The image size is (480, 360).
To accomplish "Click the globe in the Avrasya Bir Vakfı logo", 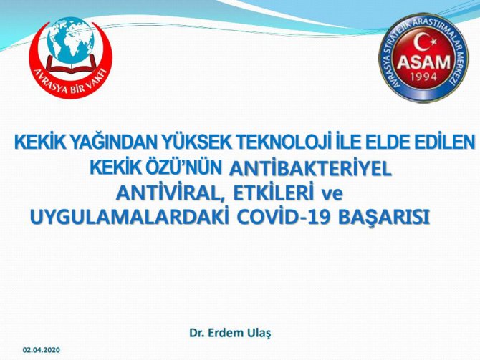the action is tap(71, 41).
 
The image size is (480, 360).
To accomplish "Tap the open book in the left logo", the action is tap(71, 65).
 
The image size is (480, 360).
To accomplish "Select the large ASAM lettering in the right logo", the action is tap(423, 62).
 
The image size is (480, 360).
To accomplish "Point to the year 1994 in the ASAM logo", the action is tap(423, 77).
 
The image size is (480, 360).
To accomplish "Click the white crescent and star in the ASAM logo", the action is tap(424, 43).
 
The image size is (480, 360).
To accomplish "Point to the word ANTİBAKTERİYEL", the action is tap(310, 169).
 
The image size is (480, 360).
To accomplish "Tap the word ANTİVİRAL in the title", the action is tap(171, 194).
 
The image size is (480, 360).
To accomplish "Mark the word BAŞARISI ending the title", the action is tap(384, 218).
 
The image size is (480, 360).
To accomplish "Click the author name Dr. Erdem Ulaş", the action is tap(230, 333).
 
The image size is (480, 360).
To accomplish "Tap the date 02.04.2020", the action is tap(42, 350).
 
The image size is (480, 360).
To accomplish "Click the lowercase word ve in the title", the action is tap(332, 195).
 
